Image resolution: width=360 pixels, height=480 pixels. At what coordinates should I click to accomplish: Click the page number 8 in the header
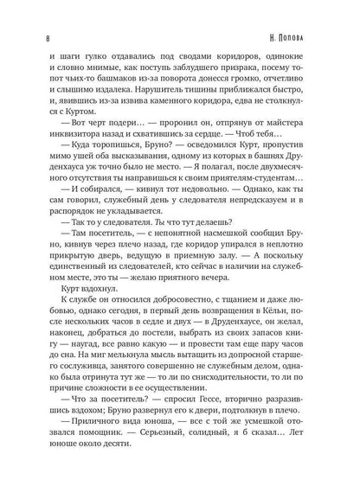click(29, 38)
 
